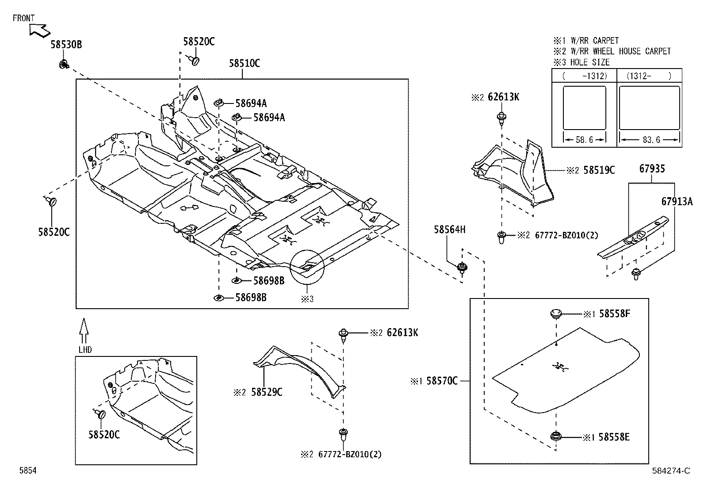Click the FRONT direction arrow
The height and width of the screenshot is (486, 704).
39,30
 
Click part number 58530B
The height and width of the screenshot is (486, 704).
66,44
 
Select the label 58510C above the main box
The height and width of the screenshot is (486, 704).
244,63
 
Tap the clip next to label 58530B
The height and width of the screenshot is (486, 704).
63,65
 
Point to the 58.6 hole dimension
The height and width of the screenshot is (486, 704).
584,140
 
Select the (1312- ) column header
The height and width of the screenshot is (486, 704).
649,76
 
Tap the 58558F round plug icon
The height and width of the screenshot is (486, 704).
556,314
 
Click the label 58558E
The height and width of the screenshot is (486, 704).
614,437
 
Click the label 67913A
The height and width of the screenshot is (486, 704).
677,201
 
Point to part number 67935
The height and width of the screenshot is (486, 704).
652,168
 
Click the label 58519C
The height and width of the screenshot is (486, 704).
599,170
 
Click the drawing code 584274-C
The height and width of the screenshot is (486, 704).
670,471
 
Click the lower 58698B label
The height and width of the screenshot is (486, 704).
251,298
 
